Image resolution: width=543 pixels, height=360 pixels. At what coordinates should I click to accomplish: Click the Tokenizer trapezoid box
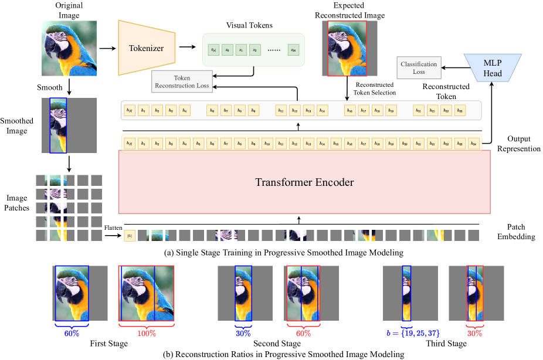tap(145, 47)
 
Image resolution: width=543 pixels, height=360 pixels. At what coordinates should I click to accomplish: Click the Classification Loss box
tap(419, 67)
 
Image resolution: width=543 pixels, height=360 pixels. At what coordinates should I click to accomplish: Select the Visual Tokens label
tap(249, 25)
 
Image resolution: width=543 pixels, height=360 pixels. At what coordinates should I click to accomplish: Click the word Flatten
tap(112, 227)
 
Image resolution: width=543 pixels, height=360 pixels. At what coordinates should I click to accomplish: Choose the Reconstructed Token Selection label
tap(374, 89)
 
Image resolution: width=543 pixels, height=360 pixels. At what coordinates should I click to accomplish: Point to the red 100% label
tap(146, 333)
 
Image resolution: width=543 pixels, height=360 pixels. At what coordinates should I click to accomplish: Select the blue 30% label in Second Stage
tap(243, 333)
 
